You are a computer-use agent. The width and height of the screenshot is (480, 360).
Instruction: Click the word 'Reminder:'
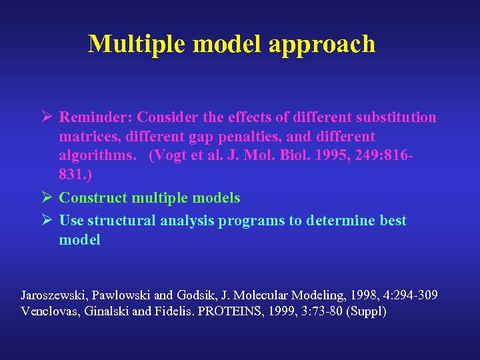(x=95, y=117)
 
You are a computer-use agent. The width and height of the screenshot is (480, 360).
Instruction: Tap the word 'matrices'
(x=85, y=137)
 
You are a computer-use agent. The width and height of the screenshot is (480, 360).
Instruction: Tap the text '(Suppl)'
(x=365, y=311)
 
